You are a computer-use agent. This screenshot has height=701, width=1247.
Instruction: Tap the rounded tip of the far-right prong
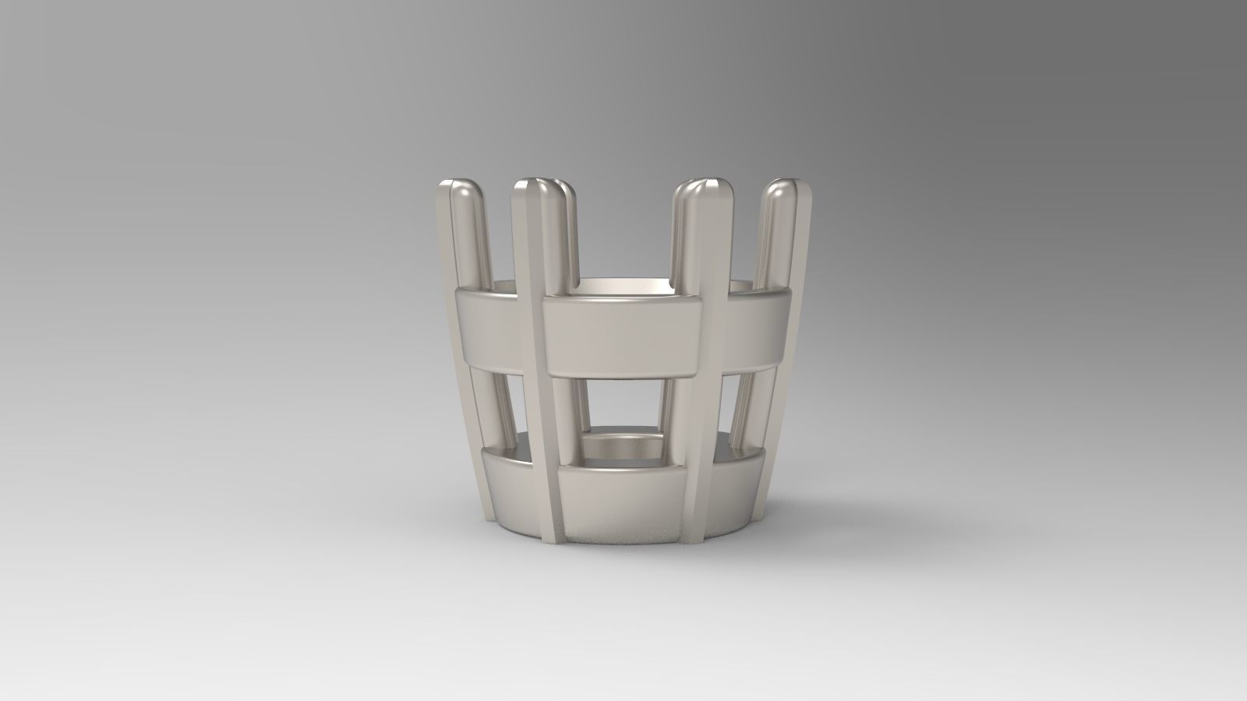(x=781, y=193)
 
